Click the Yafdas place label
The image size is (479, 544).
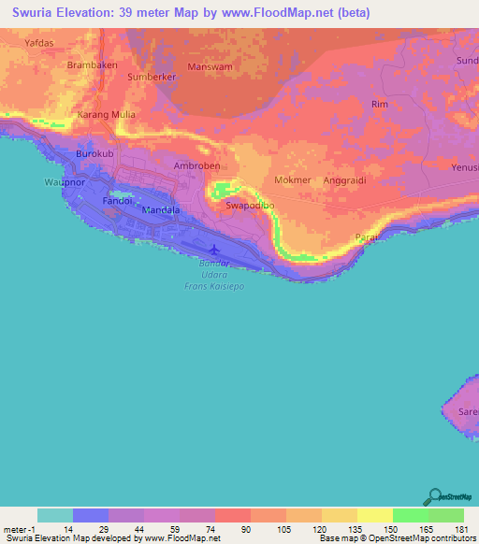39,42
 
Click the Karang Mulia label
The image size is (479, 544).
106,115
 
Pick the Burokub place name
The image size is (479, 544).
94,153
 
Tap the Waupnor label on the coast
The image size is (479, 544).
65,182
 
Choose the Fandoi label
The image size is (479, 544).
119,201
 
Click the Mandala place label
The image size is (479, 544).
160,210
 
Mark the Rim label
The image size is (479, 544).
379,105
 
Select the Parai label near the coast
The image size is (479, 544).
367,238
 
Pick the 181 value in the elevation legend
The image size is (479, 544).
459,530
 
